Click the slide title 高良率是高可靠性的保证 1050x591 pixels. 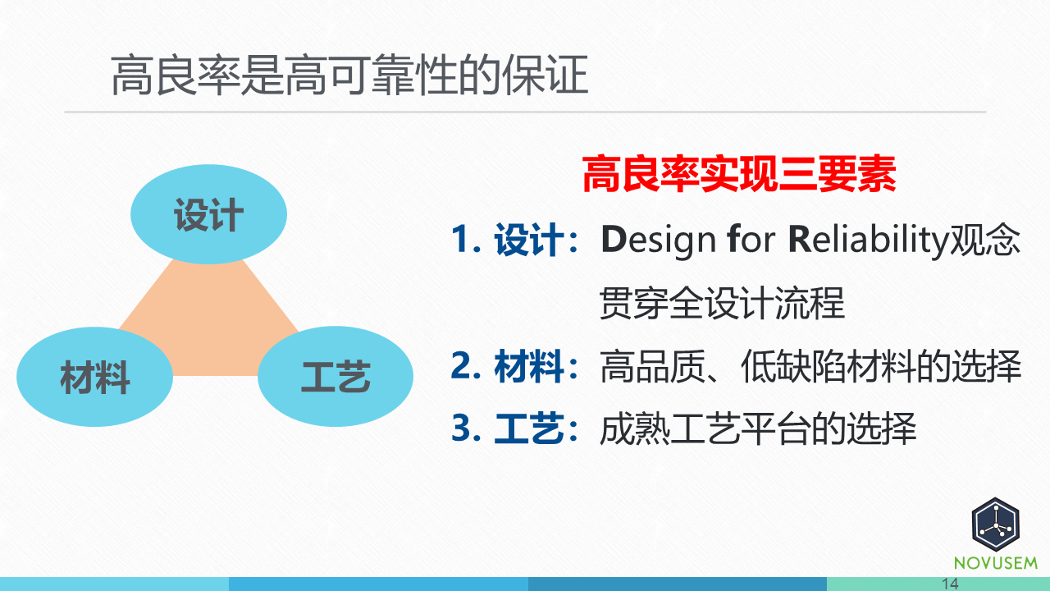pyautogui.click(x=349, y=76)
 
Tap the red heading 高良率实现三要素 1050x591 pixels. pyautogui.click(x=738, y=175)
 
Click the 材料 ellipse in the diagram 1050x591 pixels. pyautogui.click(x=94, y=378)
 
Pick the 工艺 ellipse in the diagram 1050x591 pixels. pyautogui.click(x=336, y=378)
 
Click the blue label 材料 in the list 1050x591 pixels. pyautogui.click(x=529, y=367)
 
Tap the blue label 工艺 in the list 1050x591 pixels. pyautogui.click(x=529, y=428)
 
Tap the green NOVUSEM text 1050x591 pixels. pyautogui.click(x=995, y=563)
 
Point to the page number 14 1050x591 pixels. pyautogui.click(x=951, y=584)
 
